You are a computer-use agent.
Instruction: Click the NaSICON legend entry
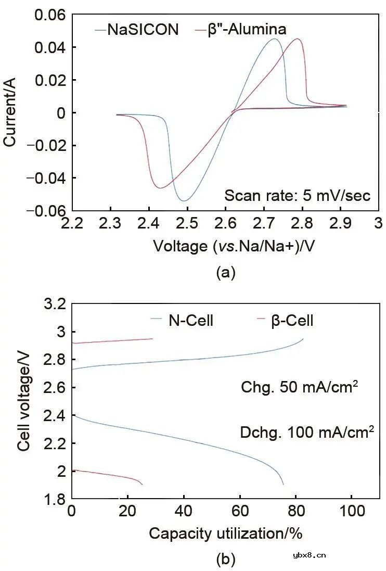click(x=143, y=29)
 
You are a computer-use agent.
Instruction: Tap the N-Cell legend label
click(x=190, y=321)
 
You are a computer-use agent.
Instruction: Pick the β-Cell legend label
click(x=292, y=321)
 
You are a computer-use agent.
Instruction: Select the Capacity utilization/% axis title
click(x=226, y=533)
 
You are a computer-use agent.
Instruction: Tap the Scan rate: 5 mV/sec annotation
click(x=297, y=196)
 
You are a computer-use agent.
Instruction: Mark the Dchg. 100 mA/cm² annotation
click(x=307, y=433)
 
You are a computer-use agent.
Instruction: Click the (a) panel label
click(x=226, y=273)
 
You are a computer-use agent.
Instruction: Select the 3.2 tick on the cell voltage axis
click(x=54, y=304)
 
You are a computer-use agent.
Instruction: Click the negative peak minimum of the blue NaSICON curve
click(x=184, y=200)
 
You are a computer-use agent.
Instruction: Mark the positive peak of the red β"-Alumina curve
click(x=298, y=39)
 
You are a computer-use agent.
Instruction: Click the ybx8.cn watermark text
click(x=309, y=555)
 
